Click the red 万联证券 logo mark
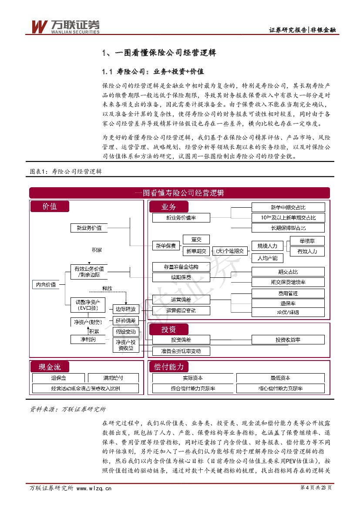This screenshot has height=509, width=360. [39, 26]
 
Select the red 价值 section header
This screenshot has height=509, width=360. [50, 206]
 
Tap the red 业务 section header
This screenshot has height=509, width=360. [169, 206]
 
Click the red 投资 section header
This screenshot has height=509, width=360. [169, 329]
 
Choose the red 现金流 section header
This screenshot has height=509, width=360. [50, 367]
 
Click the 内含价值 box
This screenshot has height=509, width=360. [46, 284]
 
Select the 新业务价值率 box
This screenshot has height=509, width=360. [181, 218]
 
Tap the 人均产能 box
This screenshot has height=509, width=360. [267, 258]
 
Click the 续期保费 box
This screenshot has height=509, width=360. [181, 277]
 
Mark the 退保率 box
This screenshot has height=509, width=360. [288, 303]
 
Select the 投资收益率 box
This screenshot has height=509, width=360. [288, 340]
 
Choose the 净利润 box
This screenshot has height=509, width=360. [87, 339]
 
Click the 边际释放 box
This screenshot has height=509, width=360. [126, 309]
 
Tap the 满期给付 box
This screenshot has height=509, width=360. [113, 378]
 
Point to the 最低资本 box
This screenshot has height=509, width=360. [280, 378]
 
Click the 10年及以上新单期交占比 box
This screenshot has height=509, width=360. [288, 217]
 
